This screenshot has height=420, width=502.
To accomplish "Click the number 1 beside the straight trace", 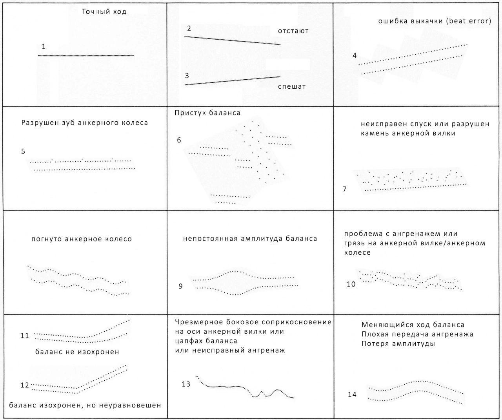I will coord(44,47).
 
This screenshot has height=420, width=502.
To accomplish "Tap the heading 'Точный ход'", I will coord(104,12).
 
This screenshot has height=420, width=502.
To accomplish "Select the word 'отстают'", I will coord(293,31).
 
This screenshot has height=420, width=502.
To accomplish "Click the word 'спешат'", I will coord(291,86).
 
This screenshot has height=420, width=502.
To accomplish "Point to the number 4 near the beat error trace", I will coord(355,56).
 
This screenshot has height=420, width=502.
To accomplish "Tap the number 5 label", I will coord(23,151).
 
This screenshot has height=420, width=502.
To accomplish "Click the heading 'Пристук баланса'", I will coord(207,113).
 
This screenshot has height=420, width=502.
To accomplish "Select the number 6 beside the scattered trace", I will coord(179,140).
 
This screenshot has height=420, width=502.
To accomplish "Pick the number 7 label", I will coord(344,189).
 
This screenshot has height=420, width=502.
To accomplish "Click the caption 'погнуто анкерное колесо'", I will coord(82,239).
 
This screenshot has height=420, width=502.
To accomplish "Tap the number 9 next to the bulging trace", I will coord(180,286).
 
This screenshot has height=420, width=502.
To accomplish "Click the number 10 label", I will coord(351,284).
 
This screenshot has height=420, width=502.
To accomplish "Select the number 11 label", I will coord(25,336).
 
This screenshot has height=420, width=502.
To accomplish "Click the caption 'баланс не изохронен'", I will coord(77,352).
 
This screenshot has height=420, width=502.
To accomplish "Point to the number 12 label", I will coord(25,385).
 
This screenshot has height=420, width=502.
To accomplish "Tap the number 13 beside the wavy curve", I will coord(186,384).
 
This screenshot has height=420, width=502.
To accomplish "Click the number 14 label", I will coord(352,394).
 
